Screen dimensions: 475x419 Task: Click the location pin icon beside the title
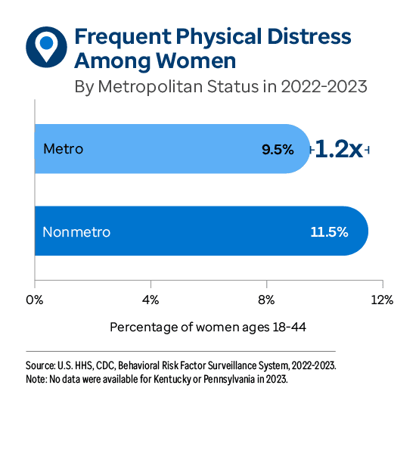click(46, 46)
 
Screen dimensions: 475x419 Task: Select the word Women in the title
click(199, 60)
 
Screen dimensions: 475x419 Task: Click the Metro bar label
click(63, 149)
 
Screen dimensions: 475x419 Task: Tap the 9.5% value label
click(277, 150)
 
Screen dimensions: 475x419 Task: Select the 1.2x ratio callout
click(338, 149)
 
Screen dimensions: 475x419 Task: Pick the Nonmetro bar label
click(76, 231)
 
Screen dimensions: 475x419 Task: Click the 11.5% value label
click(329, 231)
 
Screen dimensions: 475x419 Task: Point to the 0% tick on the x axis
click(35, 300)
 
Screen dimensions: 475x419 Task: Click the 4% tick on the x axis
click(151, 300)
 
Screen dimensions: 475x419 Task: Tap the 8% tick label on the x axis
click(266, 300)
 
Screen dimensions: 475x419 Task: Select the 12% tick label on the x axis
click(382, 300)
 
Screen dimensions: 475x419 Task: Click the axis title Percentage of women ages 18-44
click(208, 328)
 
